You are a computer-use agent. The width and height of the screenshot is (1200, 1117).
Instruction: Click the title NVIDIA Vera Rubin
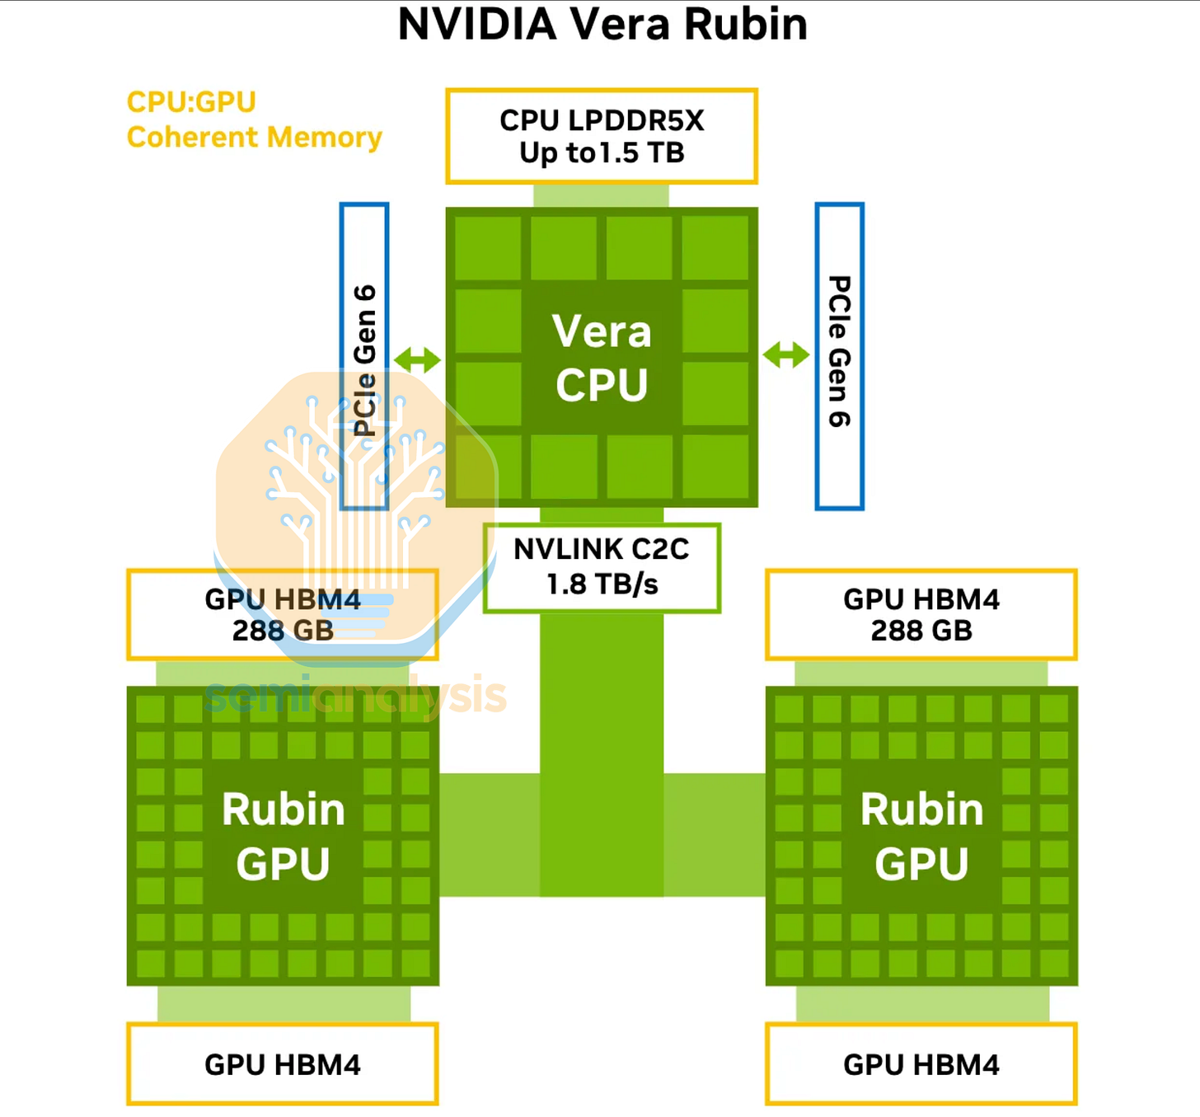pos(602,24)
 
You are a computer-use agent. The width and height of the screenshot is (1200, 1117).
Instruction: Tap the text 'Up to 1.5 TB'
pos(602,153)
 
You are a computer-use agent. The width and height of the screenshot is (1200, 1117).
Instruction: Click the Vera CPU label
pos(602,358)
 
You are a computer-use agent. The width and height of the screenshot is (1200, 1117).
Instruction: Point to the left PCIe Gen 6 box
pos(364,356)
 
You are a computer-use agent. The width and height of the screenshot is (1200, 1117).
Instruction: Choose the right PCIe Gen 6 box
pos(839,356)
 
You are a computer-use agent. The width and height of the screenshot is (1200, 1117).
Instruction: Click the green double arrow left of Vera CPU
pos(417,359)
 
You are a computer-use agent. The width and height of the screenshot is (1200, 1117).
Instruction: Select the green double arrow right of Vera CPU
pos(786,355)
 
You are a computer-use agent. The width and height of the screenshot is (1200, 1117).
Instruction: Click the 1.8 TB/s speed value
pos(602,584)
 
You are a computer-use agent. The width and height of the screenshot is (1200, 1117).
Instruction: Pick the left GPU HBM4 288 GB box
pos(283,614)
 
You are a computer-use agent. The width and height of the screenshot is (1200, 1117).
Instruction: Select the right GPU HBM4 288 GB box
pos(921,614)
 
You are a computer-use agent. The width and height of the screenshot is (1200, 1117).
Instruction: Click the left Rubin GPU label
pos(283,836)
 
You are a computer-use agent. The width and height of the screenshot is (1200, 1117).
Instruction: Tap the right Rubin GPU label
pos(921,836)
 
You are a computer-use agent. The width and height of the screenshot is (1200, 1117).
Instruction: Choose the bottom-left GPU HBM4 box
pos(283,1064)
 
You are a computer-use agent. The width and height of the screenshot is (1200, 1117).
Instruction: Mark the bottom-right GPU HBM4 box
pos(921,1064)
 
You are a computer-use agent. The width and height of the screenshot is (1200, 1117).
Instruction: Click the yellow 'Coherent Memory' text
pos(255,137)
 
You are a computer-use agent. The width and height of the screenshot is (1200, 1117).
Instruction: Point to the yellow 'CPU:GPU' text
pos(191,102)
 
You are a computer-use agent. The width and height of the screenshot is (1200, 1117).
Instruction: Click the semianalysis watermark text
pos(356,696)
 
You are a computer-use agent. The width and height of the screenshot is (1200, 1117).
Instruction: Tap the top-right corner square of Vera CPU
pos(715,246)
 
